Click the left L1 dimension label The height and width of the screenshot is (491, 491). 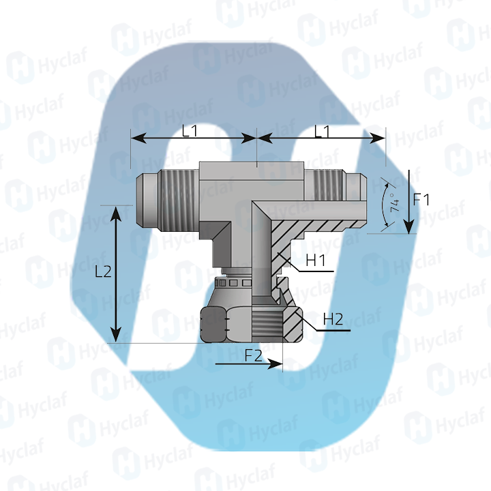point(190,132)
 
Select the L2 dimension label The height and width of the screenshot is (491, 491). point(103,271)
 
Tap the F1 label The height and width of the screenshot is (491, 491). point(422,199)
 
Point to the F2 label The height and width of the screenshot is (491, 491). point(254,355)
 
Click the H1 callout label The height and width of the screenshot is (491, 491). point(316,260)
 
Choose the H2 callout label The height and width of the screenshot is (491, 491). point(333,318)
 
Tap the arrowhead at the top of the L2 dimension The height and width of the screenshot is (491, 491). point(117,212)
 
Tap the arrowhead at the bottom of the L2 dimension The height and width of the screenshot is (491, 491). point(117,335)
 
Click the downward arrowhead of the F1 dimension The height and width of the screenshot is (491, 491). point(407,226)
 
